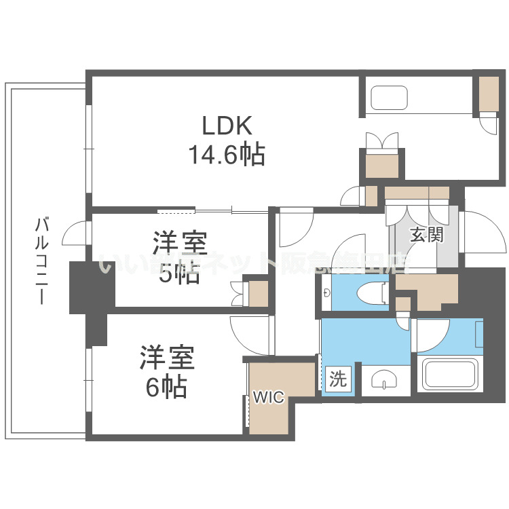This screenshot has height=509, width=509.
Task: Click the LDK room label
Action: point(227,126)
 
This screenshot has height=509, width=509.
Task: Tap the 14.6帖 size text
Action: point(227,155)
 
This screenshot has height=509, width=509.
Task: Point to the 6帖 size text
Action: point(166,387)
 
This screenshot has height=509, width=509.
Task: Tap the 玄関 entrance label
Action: point(427,235)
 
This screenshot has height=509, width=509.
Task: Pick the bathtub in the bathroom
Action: point(451,375)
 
